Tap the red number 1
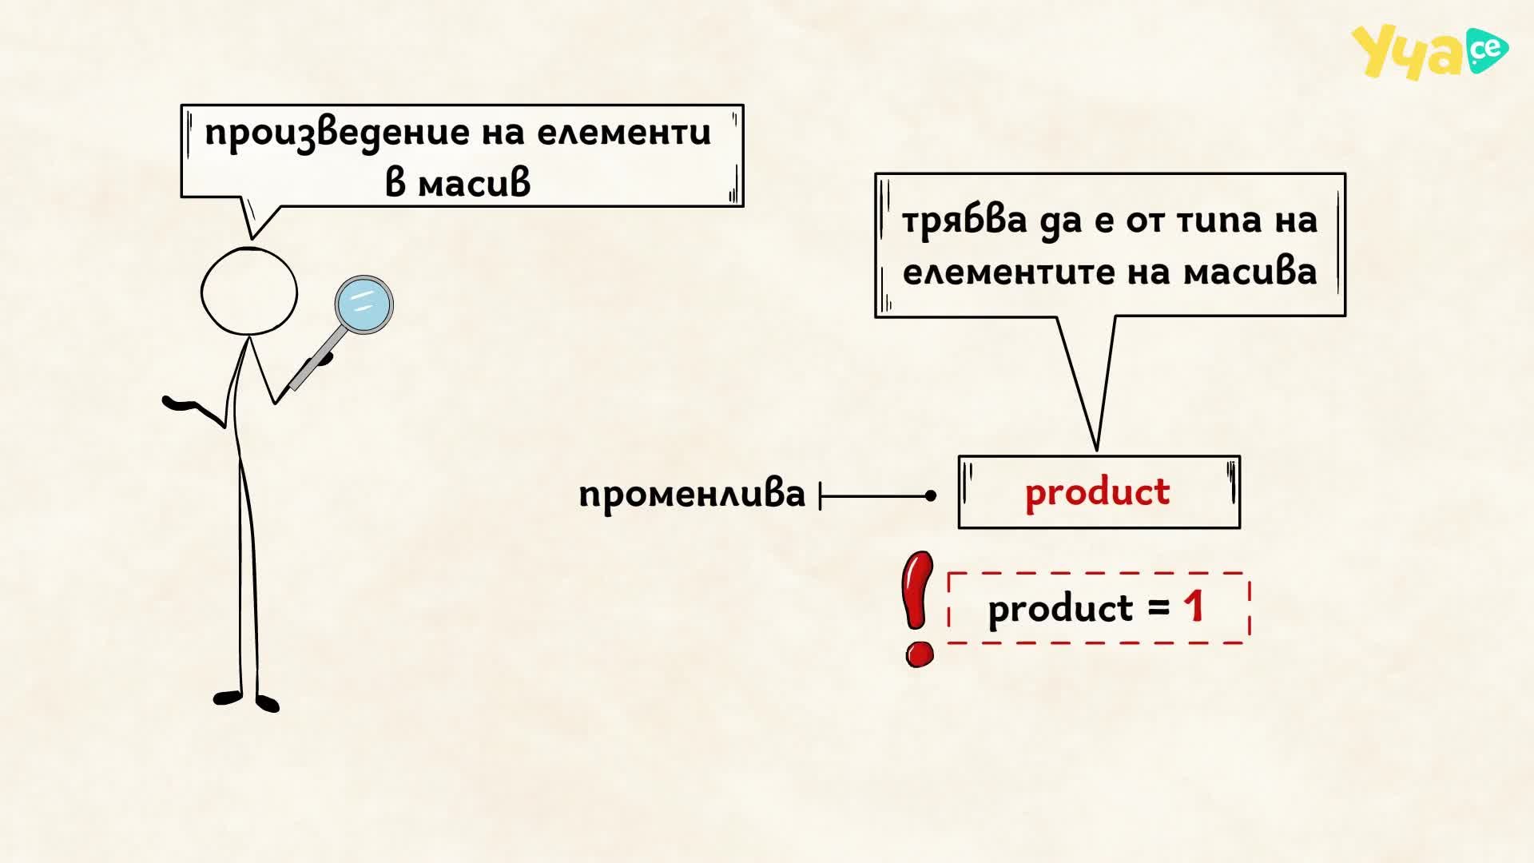pyautogui.click(x=1194, y=606)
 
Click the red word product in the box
pyautogui.click(x=1098, y=493)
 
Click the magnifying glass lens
pyautogui.click(x=364, y=304)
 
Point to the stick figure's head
pyautogui.click(x=249, y=292)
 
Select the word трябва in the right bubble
pyautogui.click(x=964, y=221)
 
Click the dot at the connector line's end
pyautogui.click(x=931, y=496)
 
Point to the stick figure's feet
pyautogui.click(x=246, y=700)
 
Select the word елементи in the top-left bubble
pyautogui.click(x=624, y=133)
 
